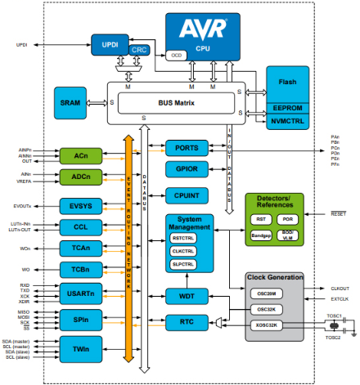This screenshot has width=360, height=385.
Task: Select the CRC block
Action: click(x=140, y=51)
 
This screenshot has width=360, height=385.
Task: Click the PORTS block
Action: click(x=187, y=148)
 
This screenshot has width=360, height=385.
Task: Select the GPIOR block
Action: click(x=187, y=170)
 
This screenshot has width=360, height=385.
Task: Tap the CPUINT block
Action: click(x=187, y=195)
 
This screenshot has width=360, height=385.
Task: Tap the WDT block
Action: click(x=187, y=294)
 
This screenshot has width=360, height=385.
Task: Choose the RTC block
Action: click(x=187, y=322)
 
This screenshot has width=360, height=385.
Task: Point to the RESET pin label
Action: click(x=338, y=213)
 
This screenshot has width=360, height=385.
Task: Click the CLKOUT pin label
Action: click(x=340, y=289)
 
